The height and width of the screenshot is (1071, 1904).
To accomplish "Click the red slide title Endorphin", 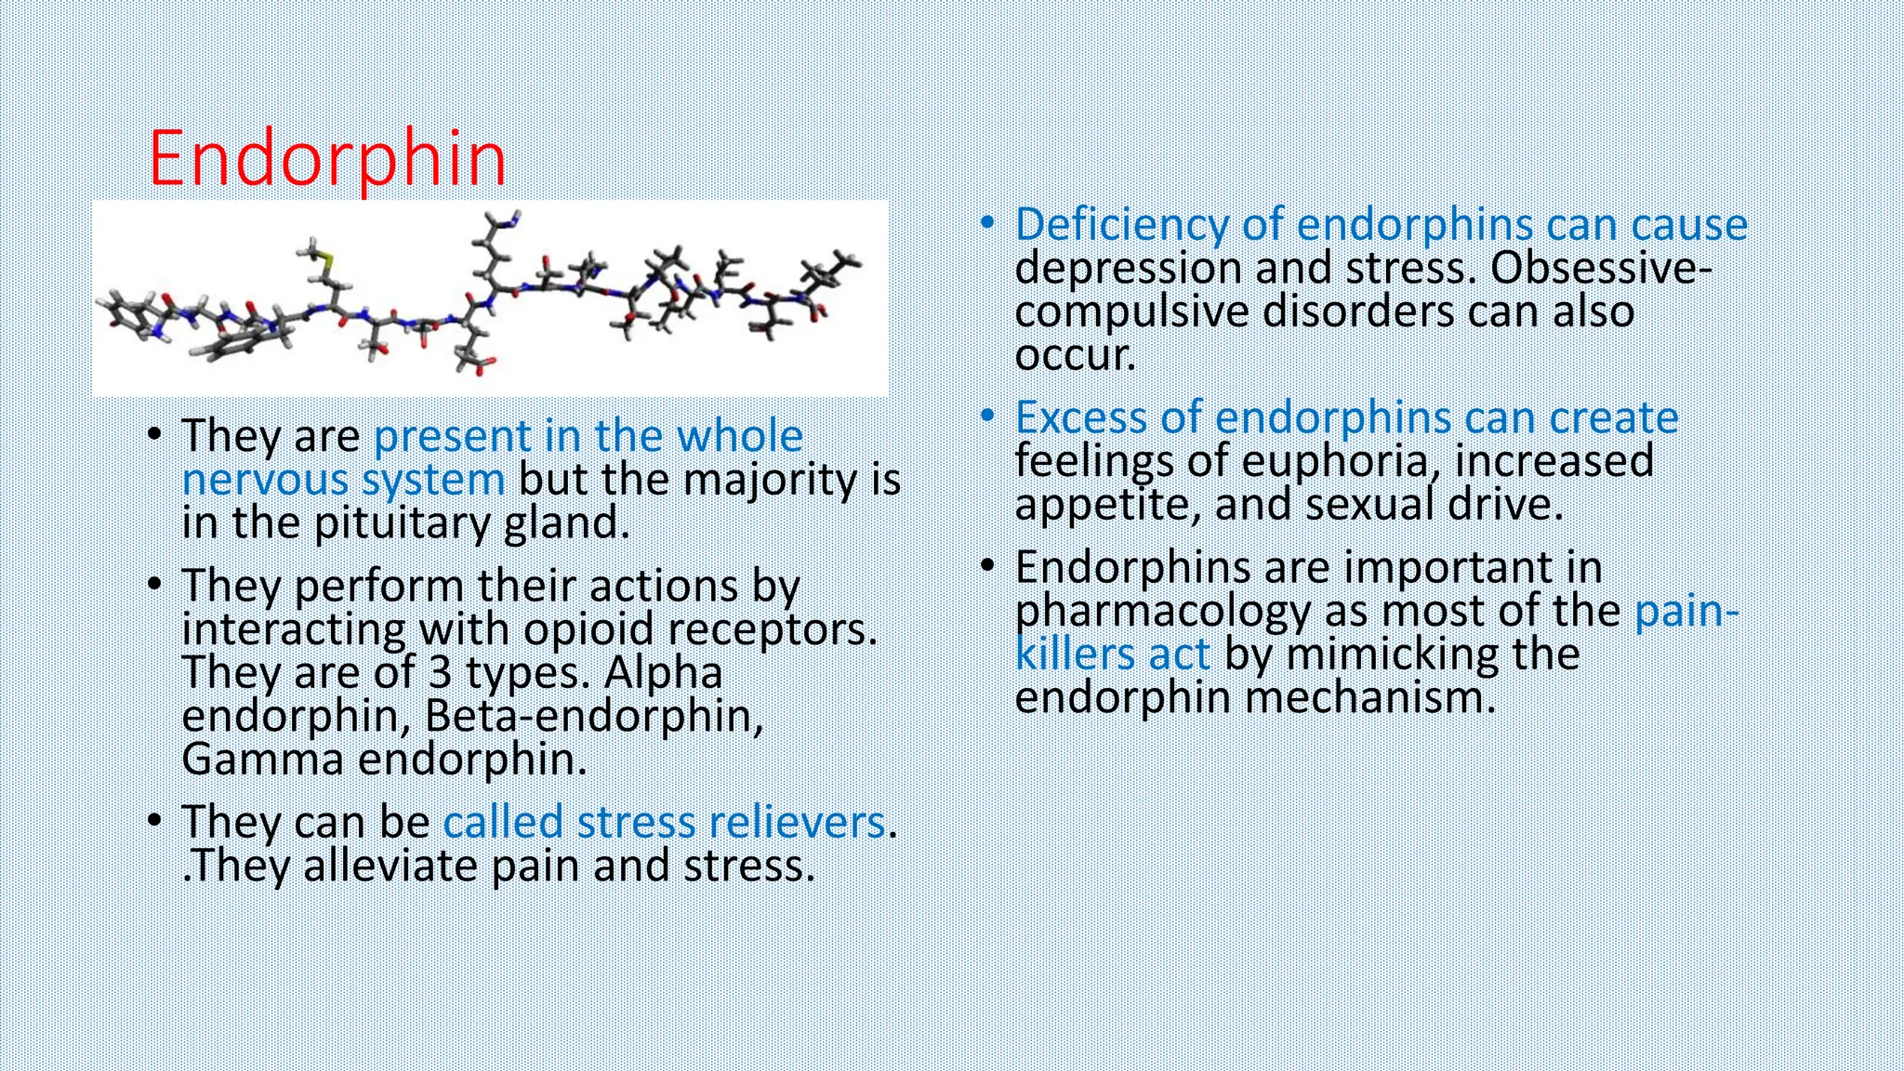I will (x=327, y=159).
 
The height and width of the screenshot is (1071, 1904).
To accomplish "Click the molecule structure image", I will (x=490, y=298).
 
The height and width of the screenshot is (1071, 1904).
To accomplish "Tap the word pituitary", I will (x=404, y=523).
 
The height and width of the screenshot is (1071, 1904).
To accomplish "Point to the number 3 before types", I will (x=441, y=672).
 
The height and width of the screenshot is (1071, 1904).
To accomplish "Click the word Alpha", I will (x=663, y=672).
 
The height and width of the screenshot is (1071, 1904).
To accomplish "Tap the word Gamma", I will (x=262, y=760).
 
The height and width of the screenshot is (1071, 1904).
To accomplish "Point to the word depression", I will (x=1128, y=268).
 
